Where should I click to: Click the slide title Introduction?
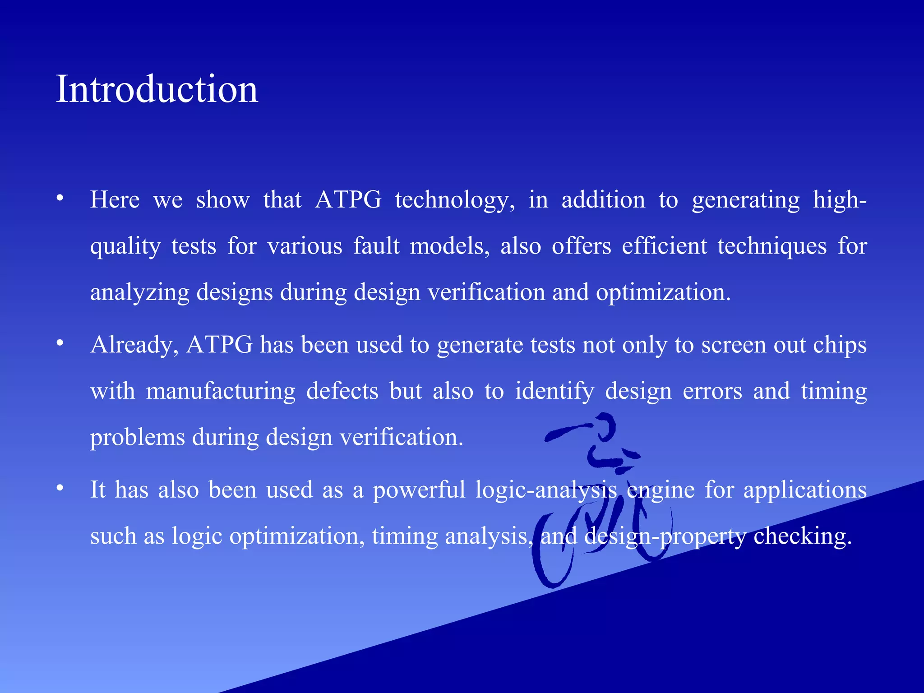tap(157, 89)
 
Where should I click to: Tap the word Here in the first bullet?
tap(115, 199)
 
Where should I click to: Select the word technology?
tap(455, 200)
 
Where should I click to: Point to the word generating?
tap(745, 200)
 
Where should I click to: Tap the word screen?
tap(733, 346)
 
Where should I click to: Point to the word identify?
tap(554, 392)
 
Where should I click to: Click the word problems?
tap(137, 438)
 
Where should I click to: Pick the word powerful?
tap(419, 490)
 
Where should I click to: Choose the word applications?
tap(805, 491)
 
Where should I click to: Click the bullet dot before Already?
tap(60, 344)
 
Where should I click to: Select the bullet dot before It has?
tap(60, 489)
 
